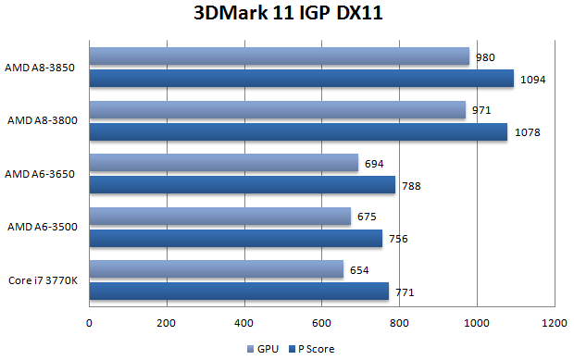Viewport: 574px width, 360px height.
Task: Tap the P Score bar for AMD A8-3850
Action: coord(301,79)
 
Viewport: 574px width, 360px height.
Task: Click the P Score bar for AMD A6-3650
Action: coord(243,185)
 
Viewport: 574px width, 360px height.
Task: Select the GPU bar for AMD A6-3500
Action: coord(220,217)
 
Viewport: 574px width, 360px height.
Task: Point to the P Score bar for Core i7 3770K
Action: coord(239,292)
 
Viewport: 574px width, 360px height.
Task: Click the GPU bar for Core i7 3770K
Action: coord(217,270)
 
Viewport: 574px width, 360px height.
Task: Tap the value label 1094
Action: coord(533,80)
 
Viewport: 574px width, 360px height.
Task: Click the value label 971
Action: coord(481,111)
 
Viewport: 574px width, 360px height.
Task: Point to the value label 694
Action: coord(374,164)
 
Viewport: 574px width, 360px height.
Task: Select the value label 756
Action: coord(397,240)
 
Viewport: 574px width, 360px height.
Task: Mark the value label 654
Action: coord(359,270)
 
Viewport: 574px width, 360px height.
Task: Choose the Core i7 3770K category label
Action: coord(43,280)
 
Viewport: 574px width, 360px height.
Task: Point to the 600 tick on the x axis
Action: coord(321,324)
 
